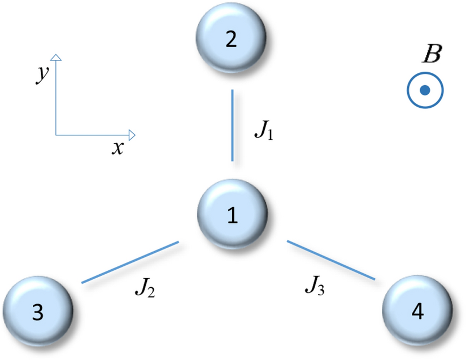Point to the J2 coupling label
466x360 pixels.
(145, 289)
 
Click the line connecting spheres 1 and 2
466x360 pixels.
(232, 125)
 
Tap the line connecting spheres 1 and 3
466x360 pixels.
(130, 262)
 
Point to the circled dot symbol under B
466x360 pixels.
(425, 90)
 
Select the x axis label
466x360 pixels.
(117, 148)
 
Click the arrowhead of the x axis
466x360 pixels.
(132, 134)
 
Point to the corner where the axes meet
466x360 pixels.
(56, 134)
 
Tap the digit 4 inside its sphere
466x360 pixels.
(417, 311)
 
